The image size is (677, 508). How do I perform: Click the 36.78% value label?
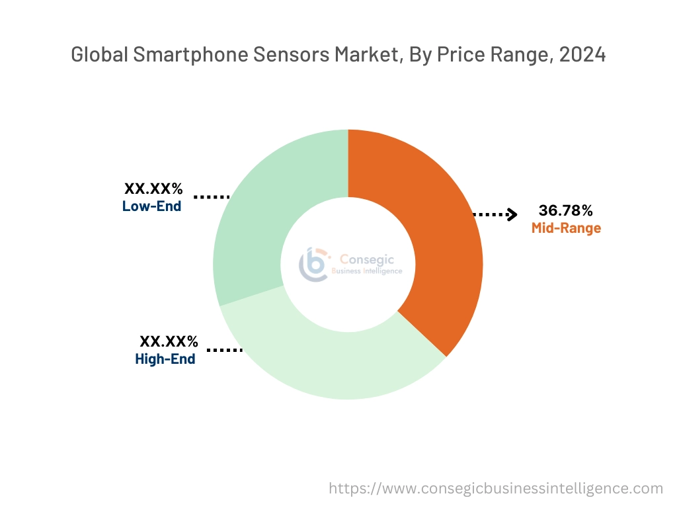pyautogui.click(x=565, y=211)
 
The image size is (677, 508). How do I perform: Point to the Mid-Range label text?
pyautogui.click(x=566, y=228)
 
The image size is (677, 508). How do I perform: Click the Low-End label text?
pyautogui.click(x=151, y=206)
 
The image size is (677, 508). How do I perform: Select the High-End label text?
pyautogui.click(x=165, y=359)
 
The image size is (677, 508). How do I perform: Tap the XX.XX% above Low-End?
pyautogui.click(x=153, y=189)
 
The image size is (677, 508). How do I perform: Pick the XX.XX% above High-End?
pyautogui.click(x=169, y=342)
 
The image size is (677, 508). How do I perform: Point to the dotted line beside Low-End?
pyautogui.click(x=212, y=196)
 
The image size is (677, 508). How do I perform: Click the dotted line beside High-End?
pyautogui.click(x=225, y=349)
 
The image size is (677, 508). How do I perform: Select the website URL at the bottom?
pyautogui.click(x=495, y=488)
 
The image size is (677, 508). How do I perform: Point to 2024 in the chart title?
pyautogui.click(x=582, y=55)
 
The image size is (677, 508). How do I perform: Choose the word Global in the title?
pyautogui.click(x=99, y=55)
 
